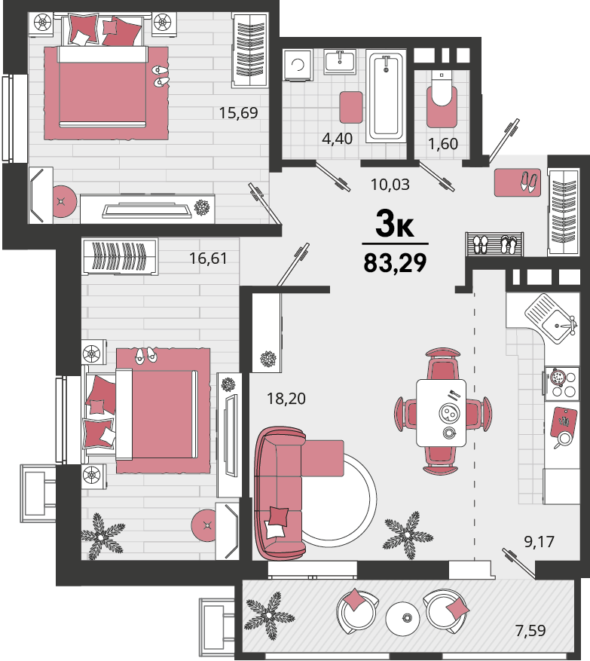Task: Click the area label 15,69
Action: pyautogui.click(x=238, y=113)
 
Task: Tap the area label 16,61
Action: pyautogui.click(x=208, y=258)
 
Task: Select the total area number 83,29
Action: pyautogui.click(x=396, y=263)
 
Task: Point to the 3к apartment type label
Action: pyautogui.click(x=395, y=225)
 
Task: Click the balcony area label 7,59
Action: pyautogui.click(x=530, y=631)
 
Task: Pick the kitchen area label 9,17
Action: pyautogui.click(x=539, y=542)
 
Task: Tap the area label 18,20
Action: pyautogui.click(x=286, y=399)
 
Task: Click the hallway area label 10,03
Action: pyautogui.click(x=390, y=185)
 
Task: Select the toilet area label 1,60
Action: pyautogui.click(x=443, y=144)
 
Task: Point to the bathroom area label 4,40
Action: pyautogui.click(x=337, y=139)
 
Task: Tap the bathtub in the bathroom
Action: pyautogui.click(x=386, y=96)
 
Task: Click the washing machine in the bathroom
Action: pyautogui.click(x=298, y=66)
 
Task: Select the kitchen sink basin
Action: pyautogui.click(x=556, y=326)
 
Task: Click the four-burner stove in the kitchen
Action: pyautogui.click(x=561, y=384)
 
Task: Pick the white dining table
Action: pyautogui.click(x=442, y=413)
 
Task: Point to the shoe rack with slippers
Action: pyautogui.click(x=494, y=244)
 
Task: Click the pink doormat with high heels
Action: pyautogui.click(x=518, y=182)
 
